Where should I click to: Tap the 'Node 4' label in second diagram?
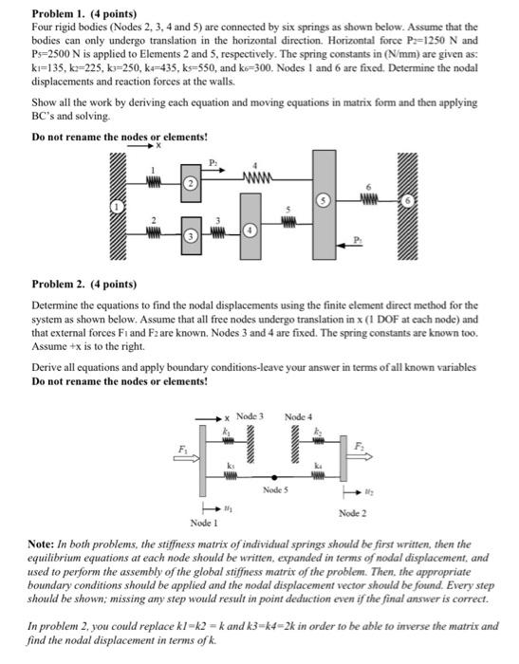[298, 416]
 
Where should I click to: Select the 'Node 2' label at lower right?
[352, 513]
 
